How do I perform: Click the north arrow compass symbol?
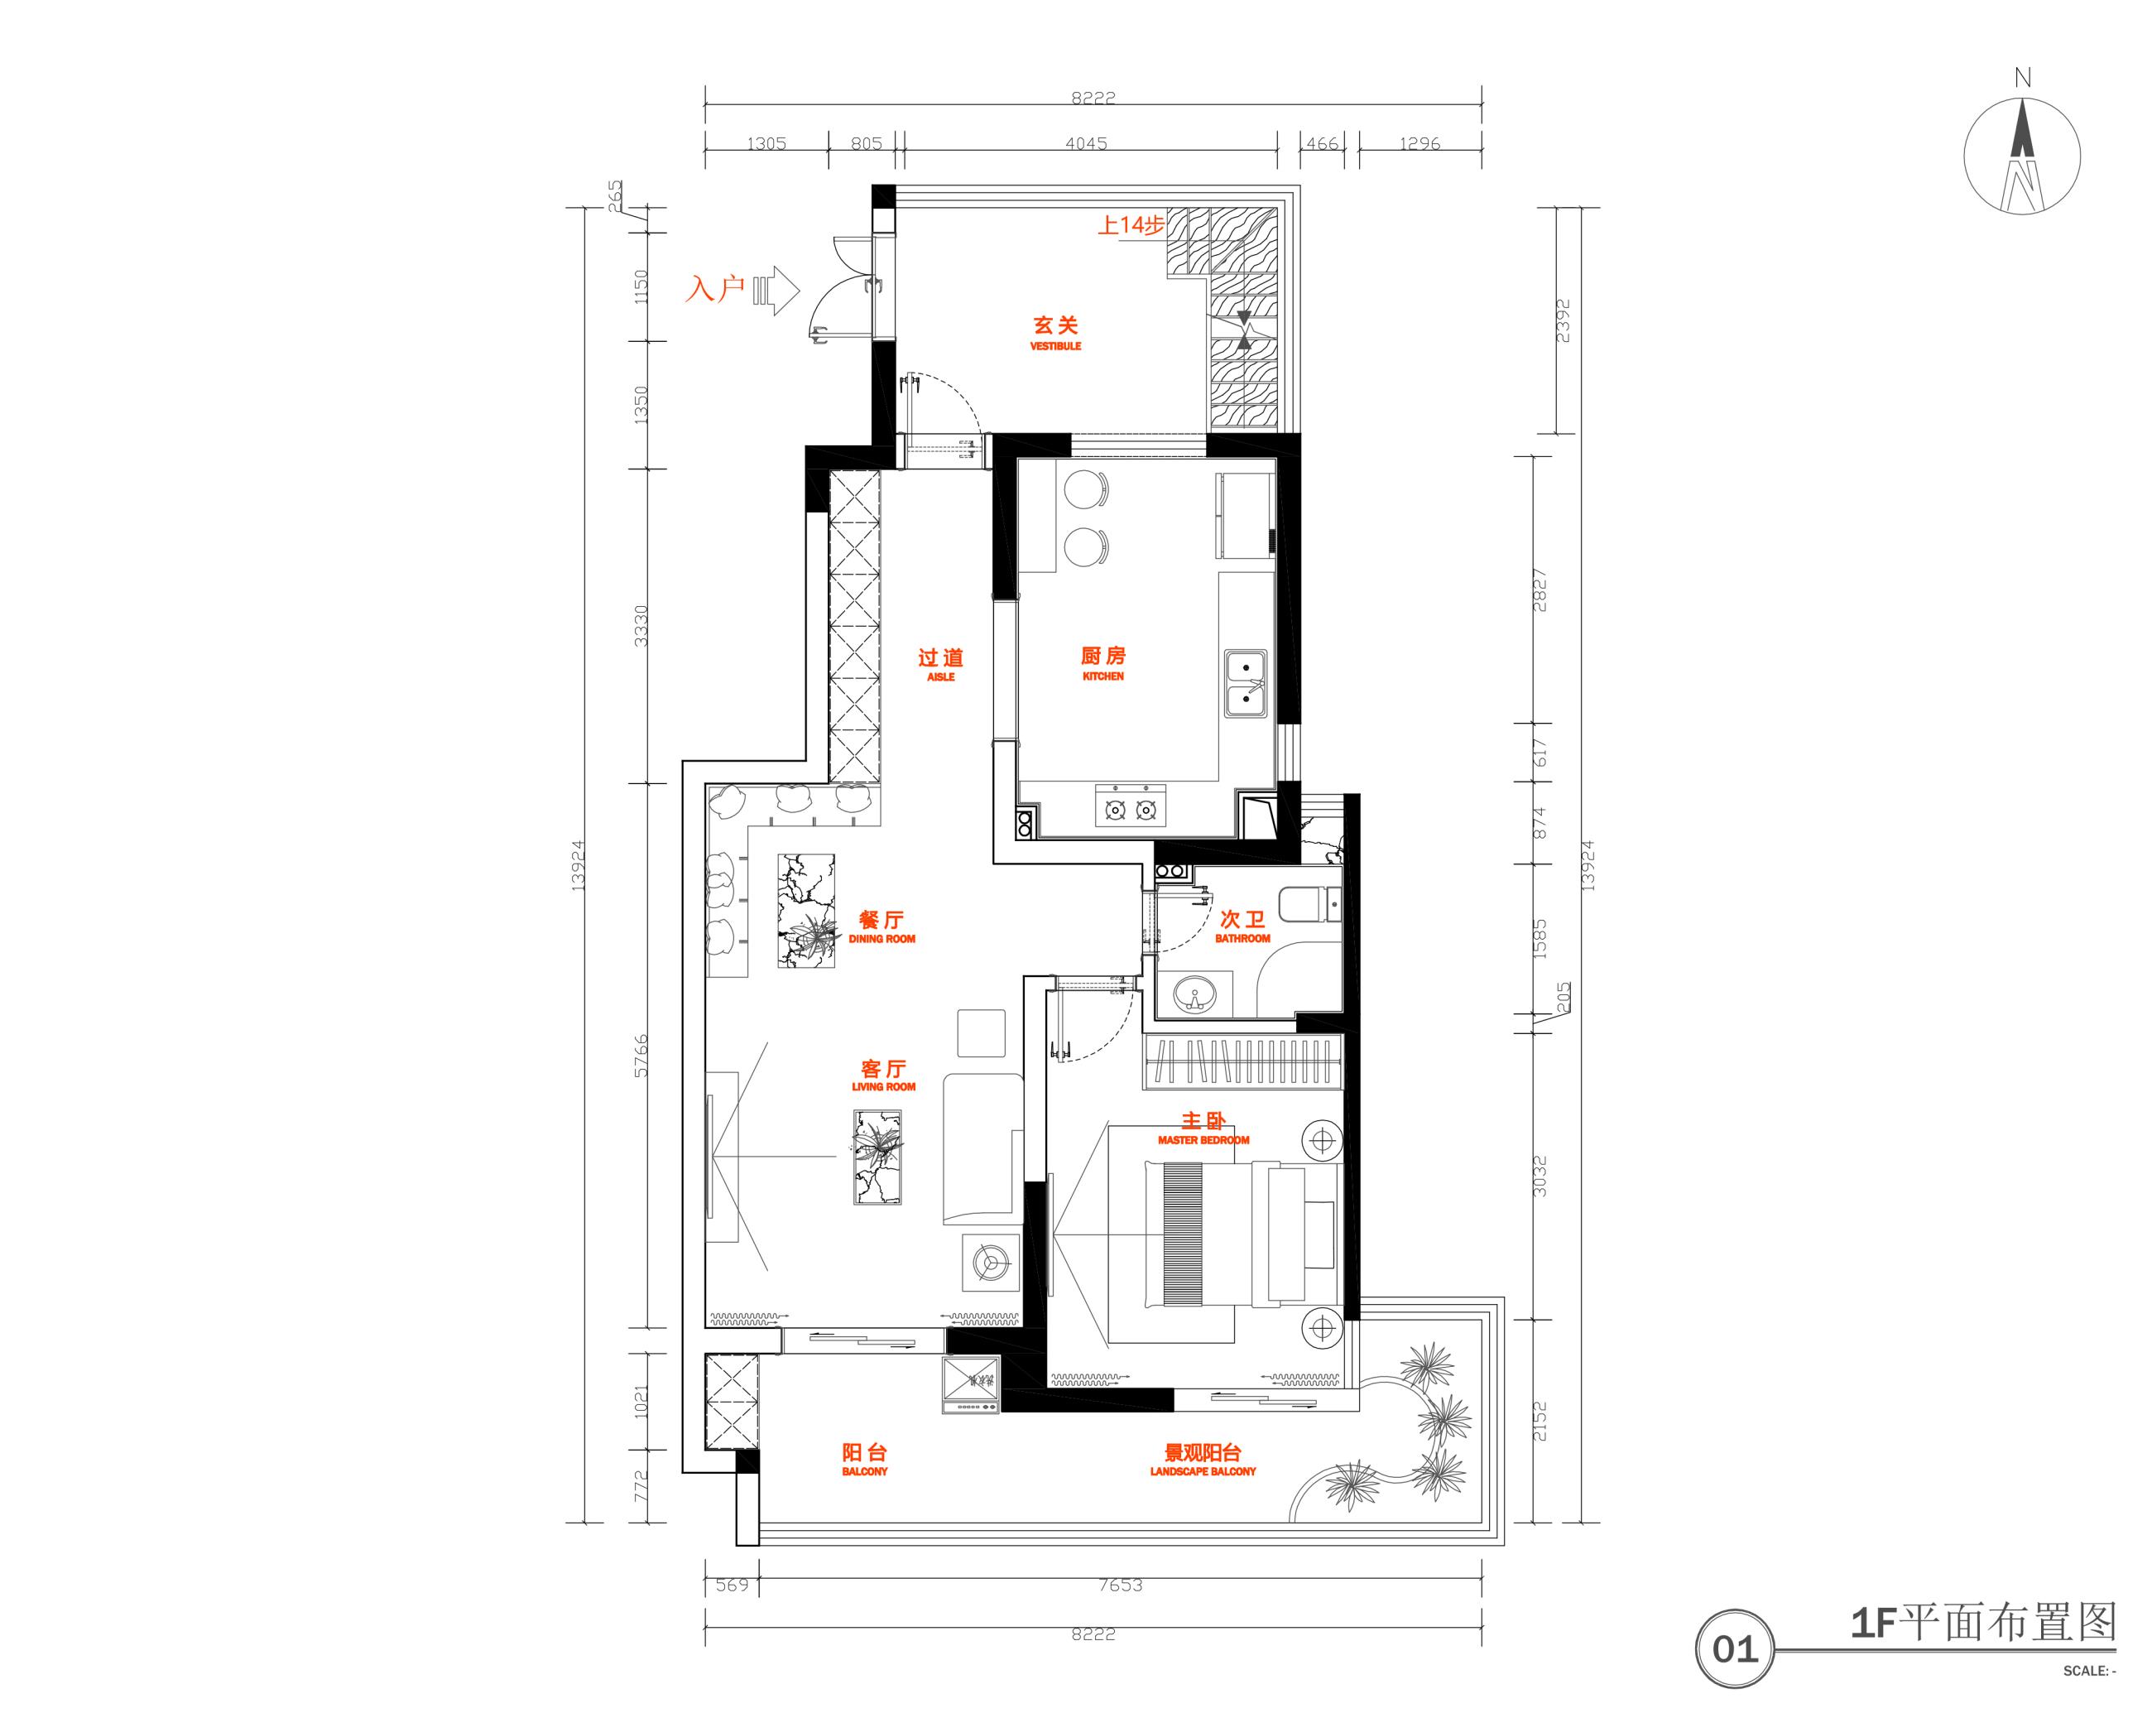(x=2022, y=155)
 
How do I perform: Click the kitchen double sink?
(x=1247, y=684)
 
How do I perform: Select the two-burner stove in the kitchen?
(x=1131, y=806)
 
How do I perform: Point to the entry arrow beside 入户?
(x=777, y=291)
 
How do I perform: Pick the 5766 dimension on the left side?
(x=641, y=1055)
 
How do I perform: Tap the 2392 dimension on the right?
(x=1563, y=320)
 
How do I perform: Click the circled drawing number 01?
(x=1735, y=1649)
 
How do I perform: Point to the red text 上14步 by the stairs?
(x=1131, y=225)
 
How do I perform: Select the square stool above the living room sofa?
(x=981, y=1033)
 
